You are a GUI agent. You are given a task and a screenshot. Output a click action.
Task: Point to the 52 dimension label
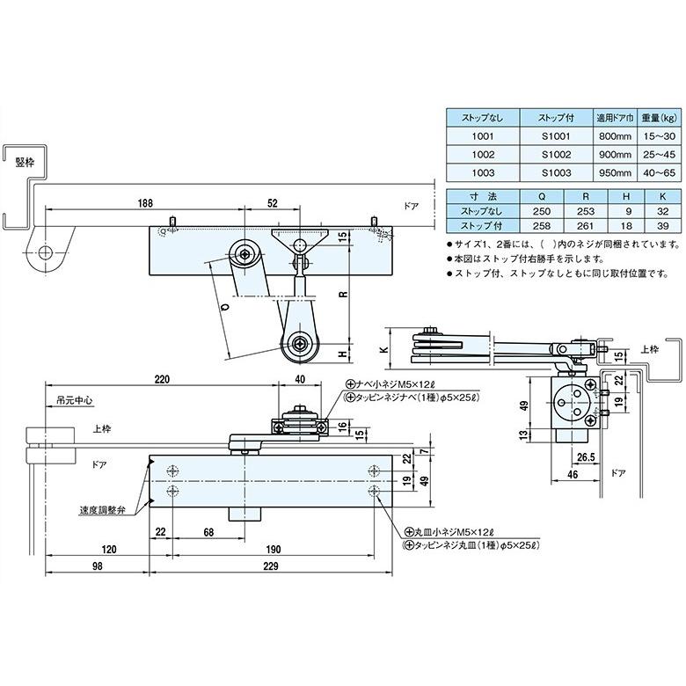[x=273, y=202]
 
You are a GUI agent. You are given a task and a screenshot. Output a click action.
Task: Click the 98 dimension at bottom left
[x=97, y=566]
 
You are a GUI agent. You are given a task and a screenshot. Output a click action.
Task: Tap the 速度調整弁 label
[x=96, y=509]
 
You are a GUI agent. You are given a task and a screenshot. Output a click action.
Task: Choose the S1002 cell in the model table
[x=556, y=154]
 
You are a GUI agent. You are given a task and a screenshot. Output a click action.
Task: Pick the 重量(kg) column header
[x=657, y=118]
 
